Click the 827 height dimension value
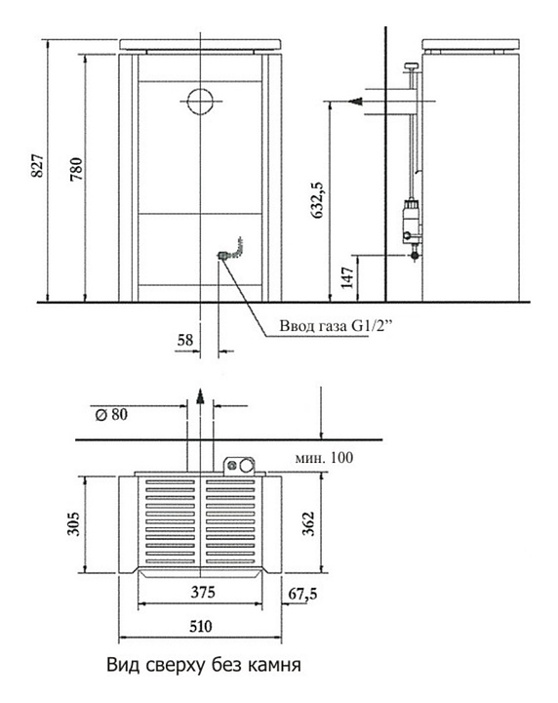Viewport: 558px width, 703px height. pyautogui.click(x=38, y=165)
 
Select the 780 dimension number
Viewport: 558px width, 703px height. pyautogui.click(x=77, y=169)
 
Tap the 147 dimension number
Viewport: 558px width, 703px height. pyautogui.click(x=348, y=278)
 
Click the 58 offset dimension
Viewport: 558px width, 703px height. pyautogui.click(x=185, y=340)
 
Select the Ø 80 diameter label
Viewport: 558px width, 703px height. pyautogui.click(x=111, y=414)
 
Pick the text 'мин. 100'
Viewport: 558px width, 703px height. pyautogui.click(x=324, y=458)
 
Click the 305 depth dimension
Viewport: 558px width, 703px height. pyautogui.click(x=73, y=523)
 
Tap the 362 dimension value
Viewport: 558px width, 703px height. pyautogui.click(x=308, y=523)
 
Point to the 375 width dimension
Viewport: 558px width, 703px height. pyautogui.click(x=203, y=593)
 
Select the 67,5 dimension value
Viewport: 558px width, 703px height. pyautogui.click(x=302, y=594)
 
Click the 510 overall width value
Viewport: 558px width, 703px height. pyautogui.click(x=200, y=626)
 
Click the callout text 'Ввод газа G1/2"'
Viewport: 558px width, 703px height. pyautogui.click(x=335, y=326)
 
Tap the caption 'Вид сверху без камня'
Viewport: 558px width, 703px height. pyautogui.click(x=204, y=665)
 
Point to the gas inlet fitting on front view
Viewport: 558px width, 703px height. pyautogui.click(x=222, y=256)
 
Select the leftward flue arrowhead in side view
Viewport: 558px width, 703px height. pyautogui.click(x=356, y=102)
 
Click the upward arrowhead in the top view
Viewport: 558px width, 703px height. pyautogui.click(x=200, y=395)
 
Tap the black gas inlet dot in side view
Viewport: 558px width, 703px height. pyautogui.click(x=416, y=256)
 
